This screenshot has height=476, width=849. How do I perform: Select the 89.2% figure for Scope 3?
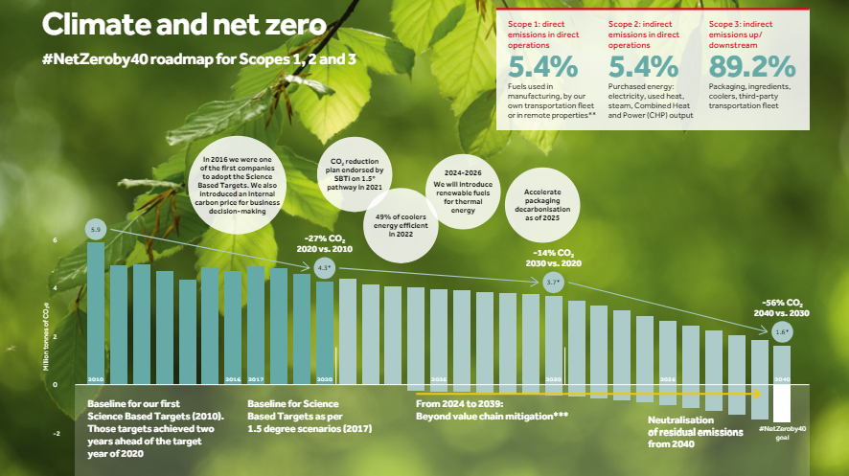(752, 66)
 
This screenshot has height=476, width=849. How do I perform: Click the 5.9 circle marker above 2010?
(95, 231)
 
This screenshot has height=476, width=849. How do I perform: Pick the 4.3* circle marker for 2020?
(324, 268)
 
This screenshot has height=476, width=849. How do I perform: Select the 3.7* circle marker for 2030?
(553, 283)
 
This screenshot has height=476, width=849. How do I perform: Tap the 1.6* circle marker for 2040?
(781, 331)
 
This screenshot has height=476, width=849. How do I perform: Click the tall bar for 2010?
(96, 311)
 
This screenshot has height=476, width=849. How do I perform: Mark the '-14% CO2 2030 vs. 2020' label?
(553, 258)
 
